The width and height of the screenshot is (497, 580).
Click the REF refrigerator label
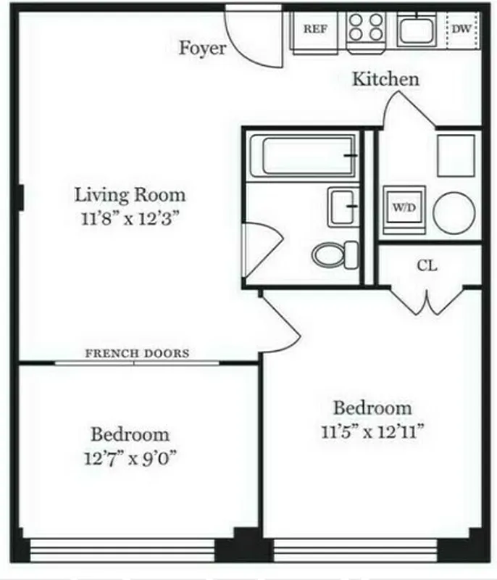click(x=314, y=30)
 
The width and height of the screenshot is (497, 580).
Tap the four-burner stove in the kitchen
click(x=365, y=29)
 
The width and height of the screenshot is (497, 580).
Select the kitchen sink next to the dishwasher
click(x=415, y=30)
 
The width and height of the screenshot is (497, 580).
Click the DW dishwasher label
click(x=461, y=30)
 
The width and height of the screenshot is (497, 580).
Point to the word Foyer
click(x=203, y=49)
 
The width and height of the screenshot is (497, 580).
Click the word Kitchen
click(x=385, y=79)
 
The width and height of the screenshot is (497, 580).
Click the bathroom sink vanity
click(x=342, y=207)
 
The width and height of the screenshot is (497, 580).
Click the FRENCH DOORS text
click(x=138, y=354)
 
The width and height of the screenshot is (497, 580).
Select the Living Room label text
click(x=130, y=194)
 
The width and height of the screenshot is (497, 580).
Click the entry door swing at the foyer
click(x=250, y=36)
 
